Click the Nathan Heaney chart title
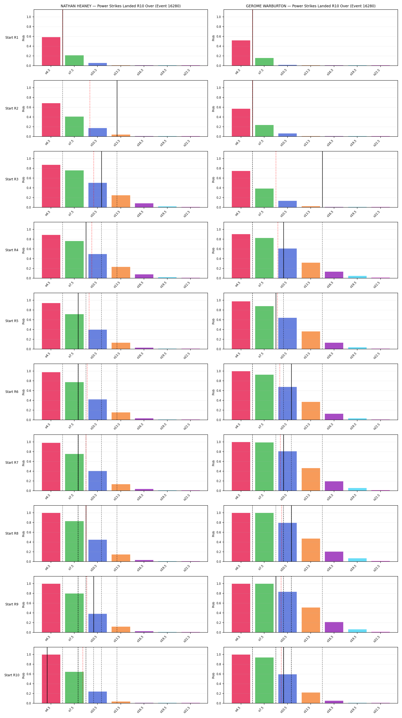[x=121, y=6]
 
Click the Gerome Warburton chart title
[x=311, y=6]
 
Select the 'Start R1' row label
[x=12, y=38]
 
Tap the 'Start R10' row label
[x=12, y=675]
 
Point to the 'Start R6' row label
[x=12, y=392]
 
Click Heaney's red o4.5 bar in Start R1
[x=51, y=51]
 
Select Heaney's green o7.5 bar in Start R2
[x=74, y=127]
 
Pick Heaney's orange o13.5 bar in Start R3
[x=121, y=201]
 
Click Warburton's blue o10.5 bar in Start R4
[x=288, y=263]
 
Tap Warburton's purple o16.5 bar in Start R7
[x=334, y=486]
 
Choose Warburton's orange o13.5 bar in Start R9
[x=311, y=620]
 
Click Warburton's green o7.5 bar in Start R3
[x=264, y=198]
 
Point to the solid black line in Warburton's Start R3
[x=323, y=179]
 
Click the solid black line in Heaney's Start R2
[x=117, y=108]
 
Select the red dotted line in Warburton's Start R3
[x=276, y=179]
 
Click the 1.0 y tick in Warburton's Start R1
[x=219, y=17]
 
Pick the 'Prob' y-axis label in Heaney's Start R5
[x=23, y=321]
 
